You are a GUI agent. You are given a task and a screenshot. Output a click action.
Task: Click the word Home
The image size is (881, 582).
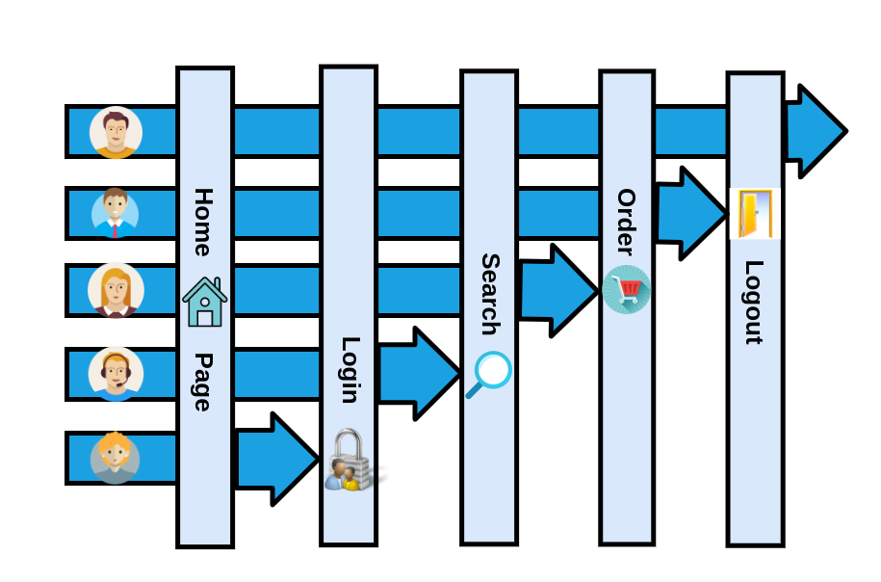click(x=202, y=223)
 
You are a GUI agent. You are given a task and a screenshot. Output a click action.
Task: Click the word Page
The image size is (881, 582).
click(x=202, y=382)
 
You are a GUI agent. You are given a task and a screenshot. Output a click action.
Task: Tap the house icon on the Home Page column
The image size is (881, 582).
click(x=204, y=303)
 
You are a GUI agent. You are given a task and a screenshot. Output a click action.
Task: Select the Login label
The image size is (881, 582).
click(x=349, y=370)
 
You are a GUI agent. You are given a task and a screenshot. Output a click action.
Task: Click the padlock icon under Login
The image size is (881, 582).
click(x=349, y=461)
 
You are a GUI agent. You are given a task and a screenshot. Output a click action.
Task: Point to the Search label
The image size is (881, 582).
click(x=489, y=294)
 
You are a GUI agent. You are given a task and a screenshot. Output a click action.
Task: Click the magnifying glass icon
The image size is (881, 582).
click(x=489, y=374)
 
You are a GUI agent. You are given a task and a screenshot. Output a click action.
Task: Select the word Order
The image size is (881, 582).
click(x=626, y=222)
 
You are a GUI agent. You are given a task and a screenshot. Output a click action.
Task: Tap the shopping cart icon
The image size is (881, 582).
click(x=627, y=289)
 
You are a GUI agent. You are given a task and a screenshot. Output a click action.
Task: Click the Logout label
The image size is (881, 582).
click(x=754, y=302)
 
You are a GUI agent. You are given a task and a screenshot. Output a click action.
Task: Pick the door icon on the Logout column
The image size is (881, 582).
click(x=755, y=214)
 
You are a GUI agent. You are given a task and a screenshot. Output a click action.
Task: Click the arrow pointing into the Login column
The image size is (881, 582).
click(x=276, y=460)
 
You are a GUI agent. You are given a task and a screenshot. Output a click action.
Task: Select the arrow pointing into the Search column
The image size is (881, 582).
click(x=418, y=374)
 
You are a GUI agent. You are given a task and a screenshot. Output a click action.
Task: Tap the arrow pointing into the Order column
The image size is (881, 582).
click(x=557, y=290)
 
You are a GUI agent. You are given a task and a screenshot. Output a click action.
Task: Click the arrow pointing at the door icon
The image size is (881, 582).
click(x=690, y=213)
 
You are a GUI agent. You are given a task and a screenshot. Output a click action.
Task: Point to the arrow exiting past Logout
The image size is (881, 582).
click(x=815, y=131)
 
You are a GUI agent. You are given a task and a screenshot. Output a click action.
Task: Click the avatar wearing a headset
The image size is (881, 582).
click(x=116, y=373)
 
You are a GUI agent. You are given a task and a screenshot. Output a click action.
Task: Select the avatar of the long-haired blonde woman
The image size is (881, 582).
click(x=116, y=290)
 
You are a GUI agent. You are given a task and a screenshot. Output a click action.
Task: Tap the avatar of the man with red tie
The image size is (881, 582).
click(x=116, y=213)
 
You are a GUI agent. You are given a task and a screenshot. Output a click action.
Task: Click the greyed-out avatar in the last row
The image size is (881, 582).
click(x=116, y=458)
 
